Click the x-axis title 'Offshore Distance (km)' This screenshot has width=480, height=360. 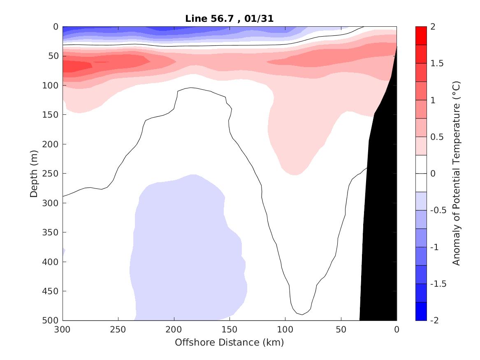click(230, 342)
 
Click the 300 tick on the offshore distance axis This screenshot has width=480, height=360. click(63, 330)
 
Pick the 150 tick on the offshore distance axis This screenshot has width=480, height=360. click(230, 330)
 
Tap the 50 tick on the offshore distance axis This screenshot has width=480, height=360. click(341, 330)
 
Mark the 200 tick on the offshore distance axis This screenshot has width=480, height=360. click(174, 330)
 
